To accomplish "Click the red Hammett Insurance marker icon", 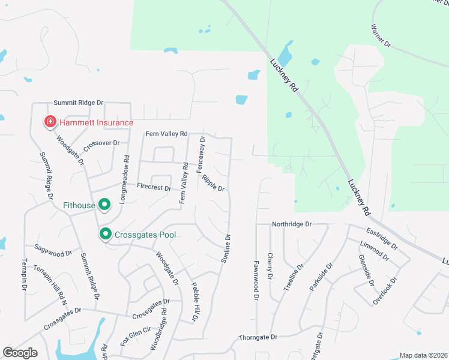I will pyautogui.click(x=50, y=122).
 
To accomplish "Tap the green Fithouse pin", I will pyautogui.click(x=104, y=205).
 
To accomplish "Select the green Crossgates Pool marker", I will pyautogui.click(x=106, y=234).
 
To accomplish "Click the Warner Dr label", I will pyautogui.click(x=381, y=35).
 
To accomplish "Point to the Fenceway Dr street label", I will pyautogui.click(x=201, y=155).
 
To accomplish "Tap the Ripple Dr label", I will pyautogui.click(x=213, y=183).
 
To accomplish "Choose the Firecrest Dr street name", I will pyautogui.click(x=154, y=187).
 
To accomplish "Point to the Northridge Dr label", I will pyautogui.click(x=292, y=224).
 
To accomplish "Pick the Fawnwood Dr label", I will pyautogui.click(x=256, y=280).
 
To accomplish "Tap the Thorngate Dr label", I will pyautogui.click(x=259, y=337).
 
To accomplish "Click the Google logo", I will pyautogui.click(x=20, y=353).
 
